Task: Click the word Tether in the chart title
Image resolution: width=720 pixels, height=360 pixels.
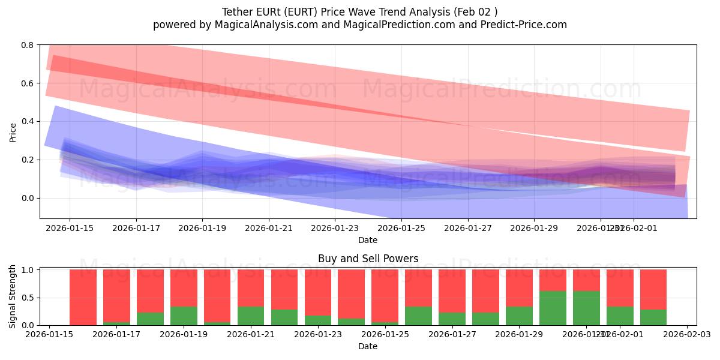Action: click(x=238, y=12)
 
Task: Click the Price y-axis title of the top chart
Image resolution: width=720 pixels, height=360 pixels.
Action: click(x=13, y=132)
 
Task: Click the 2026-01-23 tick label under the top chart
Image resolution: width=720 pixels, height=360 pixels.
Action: click(x=335, y=228)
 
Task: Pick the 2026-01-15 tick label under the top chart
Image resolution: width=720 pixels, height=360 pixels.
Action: click(x=69, y=228)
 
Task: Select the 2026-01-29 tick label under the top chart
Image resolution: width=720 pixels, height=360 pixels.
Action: click(x=534, y=228)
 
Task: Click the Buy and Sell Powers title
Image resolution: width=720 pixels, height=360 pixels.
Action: click(x=368, y=259)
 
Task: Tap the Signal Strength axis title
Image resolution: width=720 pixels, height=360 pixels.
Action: click(x=13, y=297)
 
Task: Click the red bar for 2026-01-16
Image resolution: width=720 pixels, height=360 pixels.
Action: click(x=83, y=297)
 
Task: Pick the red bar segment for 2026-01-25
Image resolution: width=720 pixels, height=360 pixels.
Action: click(x=385, y=294)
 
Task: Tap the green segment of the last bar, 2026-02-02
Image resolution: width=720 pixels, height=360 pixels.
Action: click(x=653, y=317)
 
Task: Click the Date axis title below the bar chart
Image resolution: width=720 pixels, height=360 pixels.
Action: click(x=368, y=346)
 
